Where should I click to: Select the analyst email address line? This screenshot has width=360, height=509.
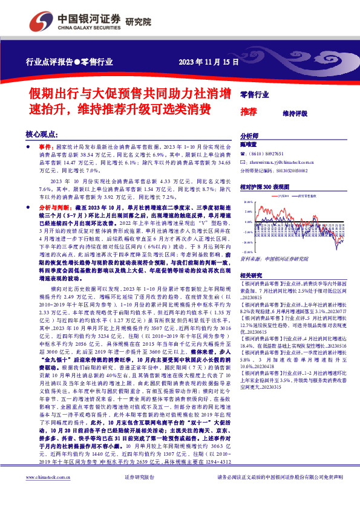pyautogui.click(x=284, y=163)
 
